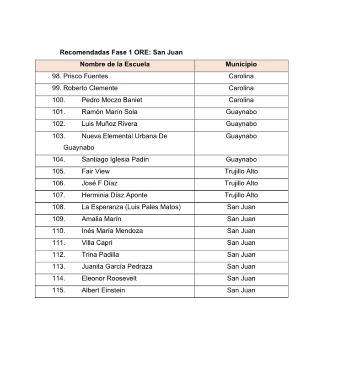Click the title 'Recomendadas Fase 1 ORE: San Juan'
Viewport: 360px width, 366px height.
(121, 52)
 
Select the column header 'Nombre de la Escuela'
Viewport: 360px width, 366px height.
(115, 65)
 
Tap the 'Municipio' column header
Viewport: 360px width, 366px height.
(241, 65)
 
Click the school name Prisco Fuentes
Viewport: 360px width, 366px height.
(86, 76)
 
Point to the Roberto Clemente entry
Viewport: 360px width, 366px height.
(90, 88)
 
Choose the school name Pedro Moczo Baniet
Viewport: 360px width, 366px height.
(112, 100)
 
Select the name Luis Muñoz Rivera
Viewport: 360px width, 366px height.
(109, 124)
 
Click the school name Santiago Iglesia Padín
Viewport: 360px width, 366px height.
(115, 159)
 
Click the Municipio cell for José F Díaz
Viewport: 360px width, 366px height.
(241, 183)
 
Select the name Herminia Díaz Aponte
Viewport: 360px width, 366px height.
(114, 195)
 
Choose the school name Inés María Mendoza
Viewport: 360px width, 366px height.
(112, 231)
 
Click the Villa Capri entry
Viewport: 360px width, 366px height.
(97, 242)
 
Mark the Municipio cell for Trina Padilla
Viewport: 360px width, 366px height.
(241, 254)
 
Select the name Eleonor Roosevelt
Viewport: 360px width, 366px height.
(109, 278)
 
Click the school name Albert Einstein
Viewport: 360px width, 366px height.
(103, 290)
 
